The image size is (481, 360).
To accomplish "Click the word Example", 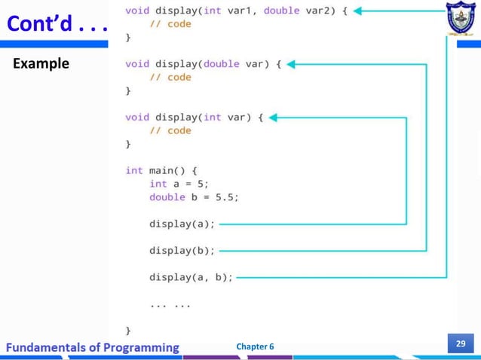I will tap(41, 63).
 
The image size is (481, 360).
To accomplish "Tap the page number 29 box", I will tap(461, 343).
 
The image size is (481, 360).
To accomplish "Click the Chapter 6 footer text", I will tap(255, 346).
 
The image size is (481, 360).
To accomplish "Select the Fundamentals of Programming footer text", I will tap(91, 347).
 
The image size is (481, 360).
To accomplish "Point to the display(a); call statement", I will tap(182, 224).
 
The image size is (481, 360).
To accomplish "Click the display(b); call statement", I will tap(182, 250).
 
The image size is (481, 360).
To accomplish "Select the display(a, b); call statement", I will tap(191, 277).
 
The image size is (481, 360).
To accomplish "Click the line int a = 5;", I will tap(179, 184).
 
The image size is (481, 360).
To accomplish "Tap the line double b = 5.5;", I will tap(194, 197).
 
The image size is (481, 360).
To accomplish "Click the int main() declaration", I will tap(155, 170).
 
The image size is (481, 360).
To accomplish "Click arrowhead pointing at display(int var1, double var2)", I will tap(359, 11).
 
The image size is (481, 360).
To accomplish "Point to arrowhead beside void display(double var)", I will tap(293, 64).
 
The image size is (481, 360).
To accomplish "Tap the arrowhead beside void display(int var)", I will tap(274, 117).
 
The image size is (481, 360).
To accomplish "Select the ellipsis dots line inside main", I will tap(170, 304).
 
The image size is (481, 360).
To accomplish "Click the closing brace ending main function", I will tap(128, 329).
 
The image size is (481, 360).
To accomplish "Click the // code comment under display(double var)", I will tap(170, 77).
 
